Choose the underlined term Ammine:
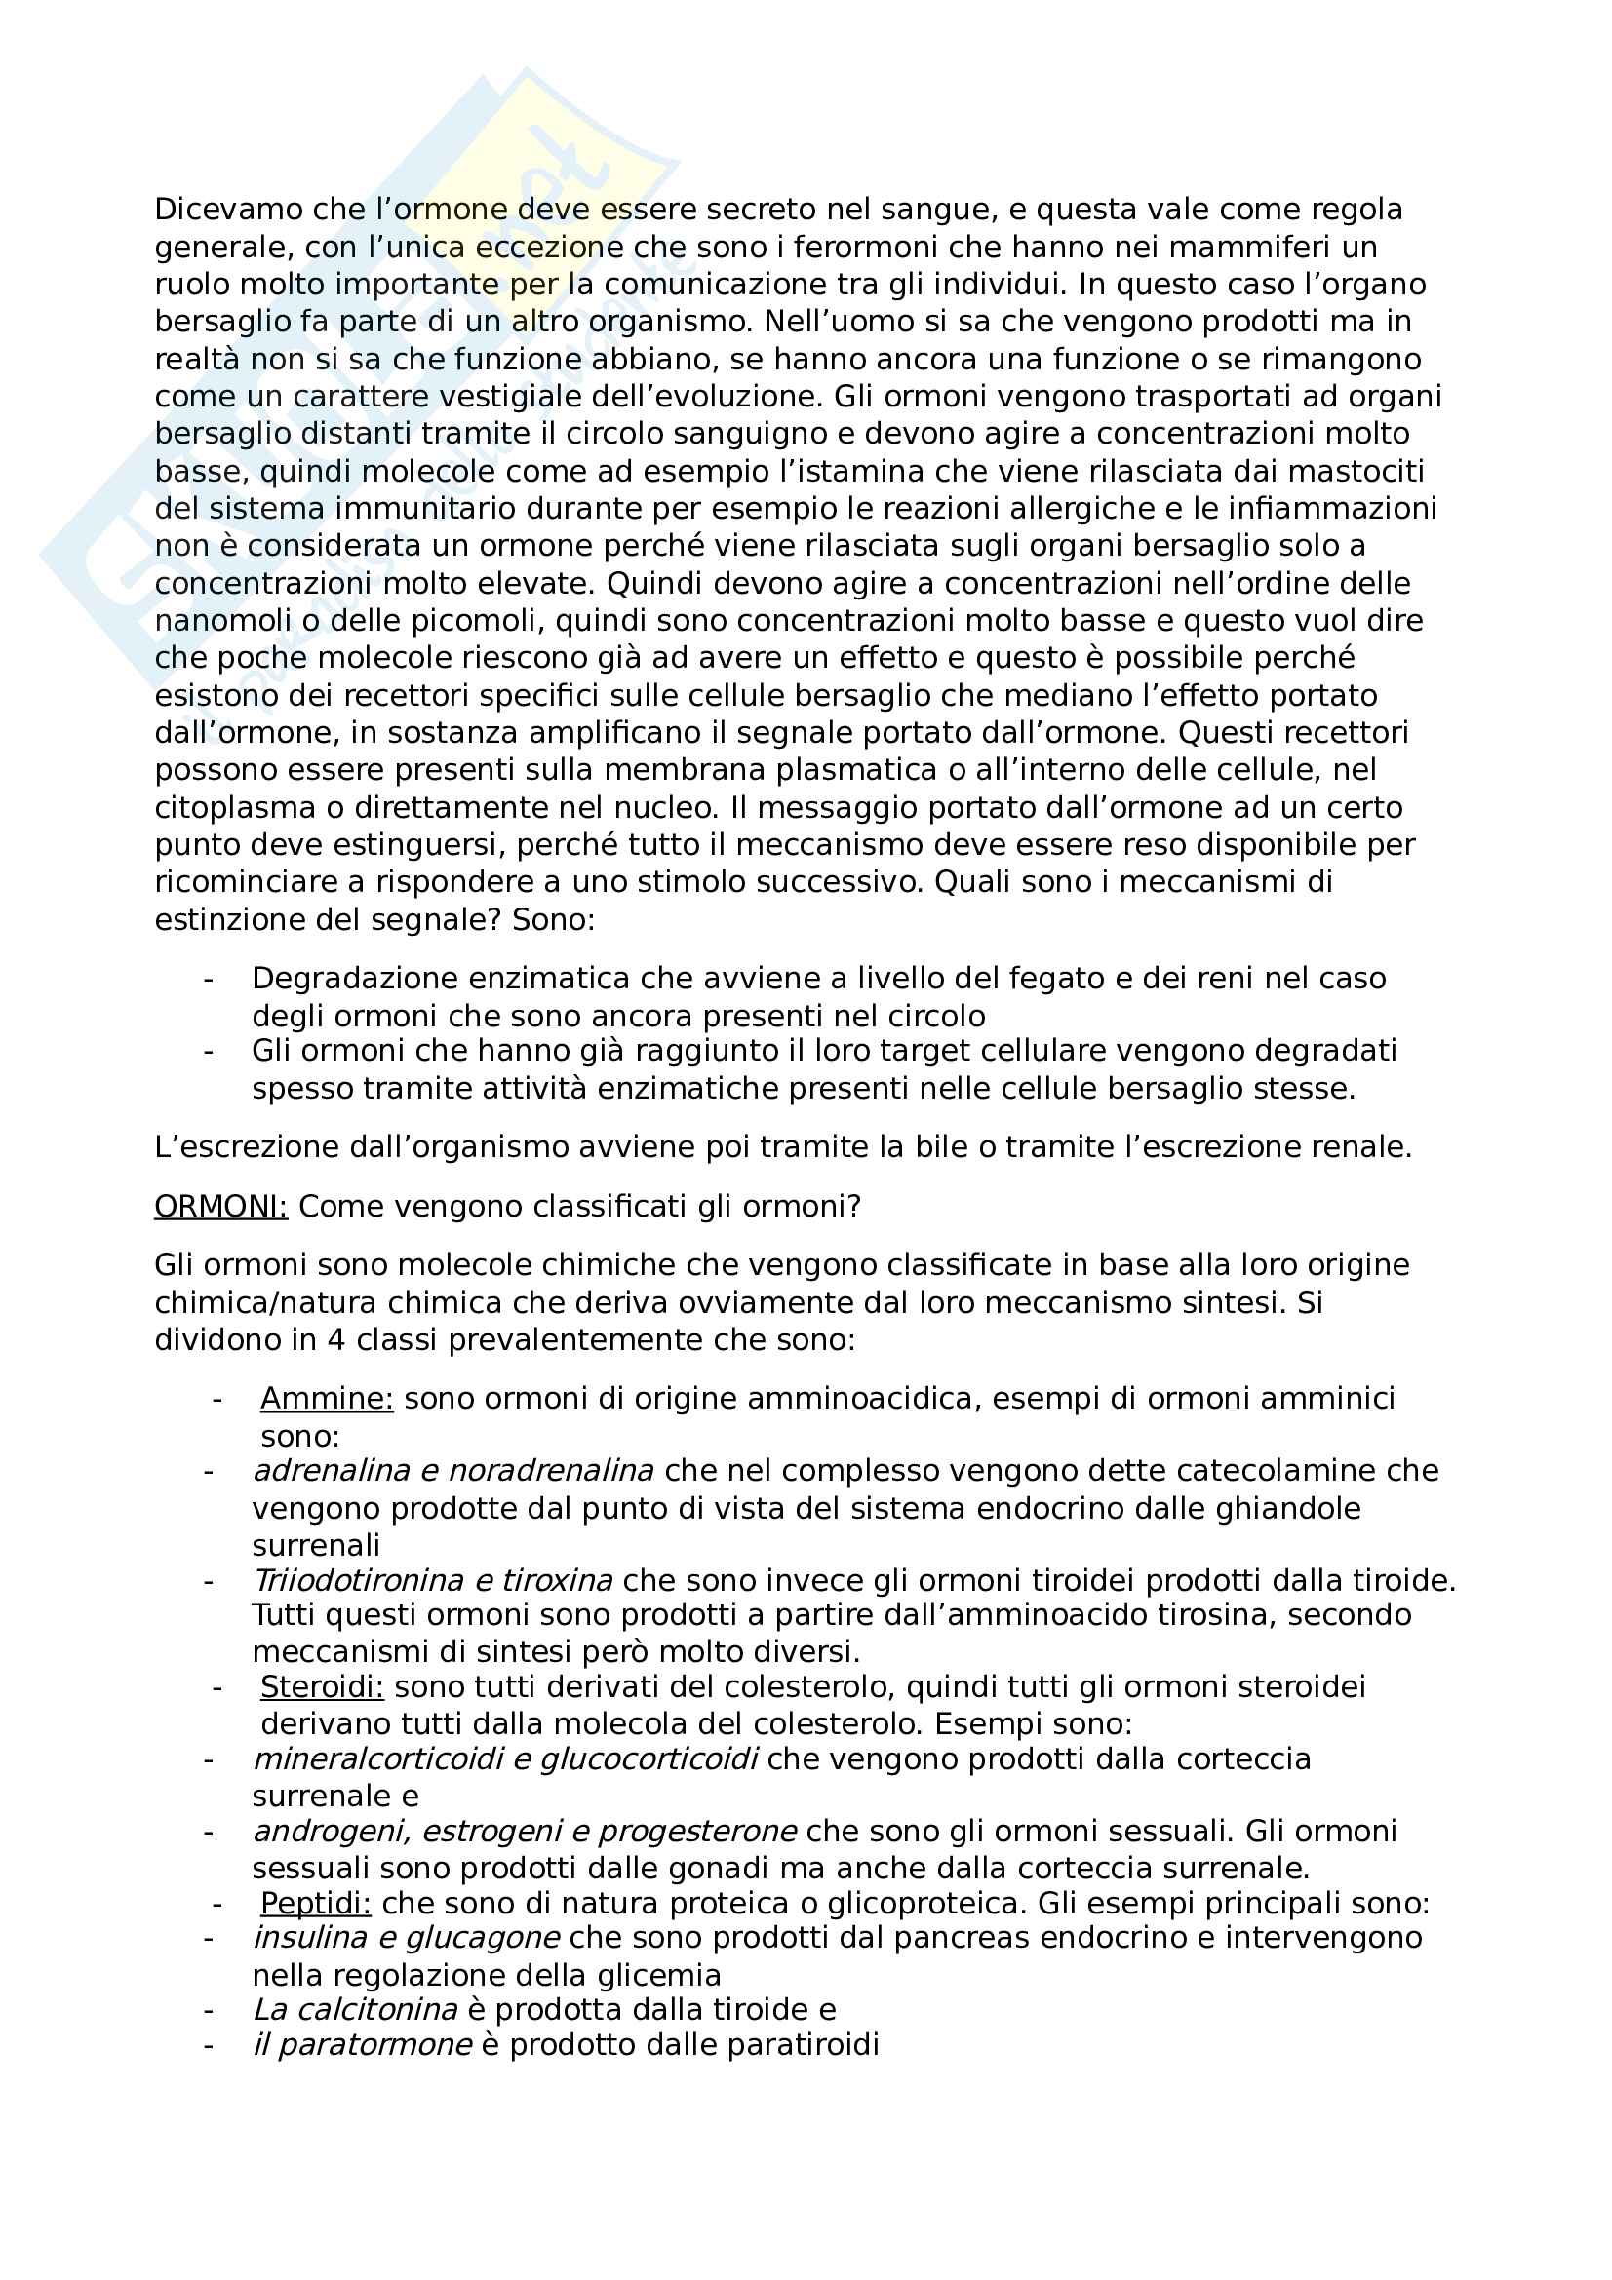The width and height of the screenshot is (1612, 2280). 327,1398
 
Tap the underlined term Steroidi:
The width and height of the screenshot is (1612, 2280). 322,1686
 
